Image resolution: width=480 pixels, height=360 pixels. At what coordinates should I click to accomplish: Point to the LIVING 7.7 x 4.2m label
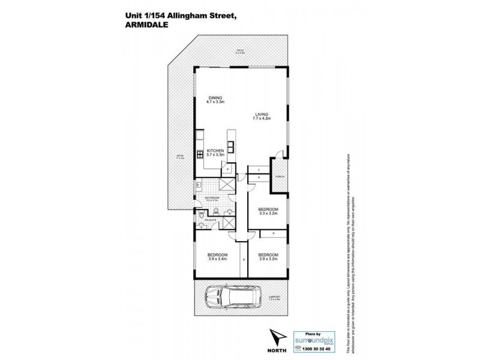tap(261, 116)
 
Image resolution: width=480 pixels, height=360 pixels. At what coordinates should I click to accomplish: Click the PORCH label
tap(279, 177)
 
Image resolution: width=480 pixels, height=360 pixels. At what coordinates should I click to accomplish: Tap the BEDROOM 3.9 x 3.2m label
tap(268, 256)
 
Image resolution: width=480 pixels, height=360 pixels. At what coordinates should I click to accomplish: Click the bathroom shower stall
tap(227, 184)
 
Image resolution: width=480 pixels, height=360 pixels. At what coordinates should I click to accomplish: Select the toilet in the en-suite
tap(201, 213)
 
